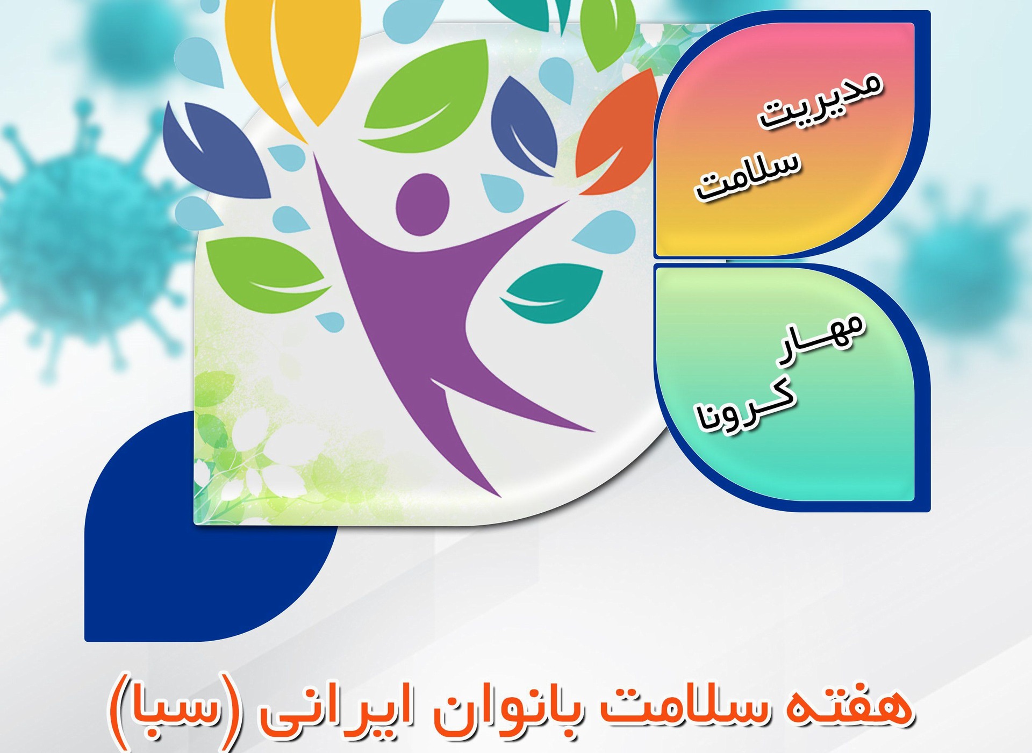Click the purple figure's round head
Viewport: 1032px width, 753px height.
pos(422,204)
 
